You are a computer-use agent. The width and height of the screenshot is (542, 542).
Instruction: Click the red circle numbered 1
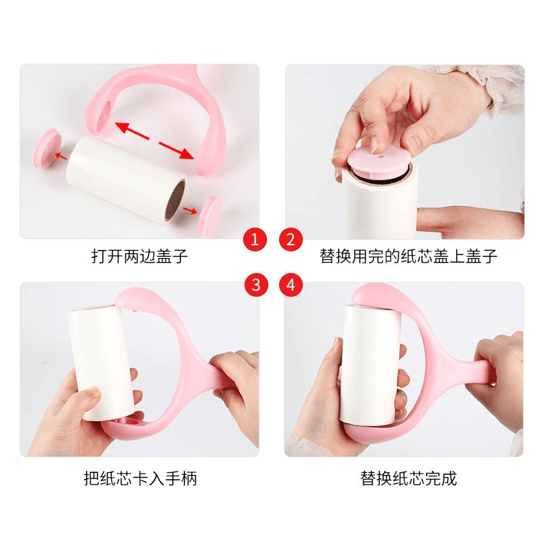tap(255, 239)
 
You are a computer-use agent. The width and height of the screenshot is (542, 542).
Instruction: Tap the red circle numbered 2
tap(291, 239)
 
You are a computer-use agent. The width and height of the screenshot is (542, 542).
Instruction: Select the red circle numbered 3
tap(256, 285)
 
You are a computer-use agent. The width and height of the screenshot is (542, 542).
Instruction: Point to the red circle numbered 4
tap(291, 285)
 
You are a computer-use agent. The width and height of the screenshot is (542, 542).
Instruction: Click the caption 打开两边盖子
tap(140, 257)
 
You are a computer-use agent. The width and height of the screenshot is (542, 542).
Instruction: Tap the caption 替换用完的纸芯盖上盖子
tap(409, 257)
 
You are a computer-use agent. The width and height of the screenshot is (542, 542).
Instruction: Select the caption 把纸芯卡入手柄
tap(140, 478)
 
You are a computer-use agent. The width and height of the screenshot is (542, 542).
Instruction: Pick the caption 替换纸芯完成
tap(409, 478)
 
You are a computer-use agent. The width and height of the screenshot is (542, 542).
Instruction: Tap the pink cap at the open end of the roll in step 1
tap(211, 215)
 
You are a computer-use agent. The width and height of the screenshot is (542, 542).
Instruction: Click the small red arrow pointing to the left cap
tap(61, 157)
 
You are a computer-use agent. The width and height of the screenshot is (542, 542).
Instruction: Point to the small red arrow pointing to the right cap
tap(190, 209)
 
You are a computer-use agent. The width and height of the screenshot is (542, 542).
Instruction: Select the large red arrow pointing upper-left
tap(132, 131)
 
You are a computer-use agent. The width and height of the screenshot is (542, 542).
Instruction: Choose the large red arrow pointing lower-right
tap(176, 150)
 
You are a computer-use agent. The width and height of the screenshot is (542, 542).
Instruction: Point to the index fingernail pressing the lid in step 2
tap(376, 146)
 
